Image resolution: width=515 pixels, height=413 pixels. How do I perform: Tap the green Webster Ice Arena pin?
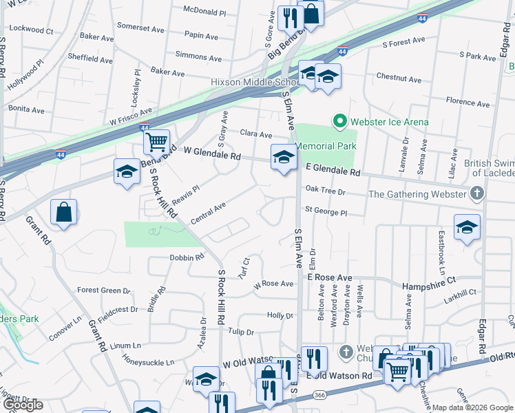pyautogui.click(x=339, y=122)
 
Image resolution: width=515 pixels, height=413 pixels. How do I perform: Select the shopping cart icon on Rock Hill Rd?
pyautogui.click(x=157, y=142)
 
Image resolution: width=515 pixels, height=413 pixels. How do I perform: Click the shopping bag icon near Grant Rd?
pyautogui.click(x=63, y=213)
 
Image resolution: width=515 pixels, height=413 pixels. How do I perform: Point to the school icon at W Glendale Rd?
pyautogui.click(x=283, y=158)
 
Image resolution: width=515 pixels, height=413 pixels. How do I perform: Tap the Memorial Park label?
pyautogui.click(x=326, y=146)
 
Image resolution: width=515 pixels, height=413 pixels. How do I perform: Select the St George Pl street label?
pyautogui.click(x=326, y=213)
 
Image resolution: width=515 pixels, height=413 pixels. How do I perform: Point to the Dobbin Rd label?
pyautogui.click(x=187, y=257)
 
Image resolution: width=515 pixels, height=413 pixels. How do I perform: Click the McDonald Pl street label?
pyautogui.click(x=204, y=12)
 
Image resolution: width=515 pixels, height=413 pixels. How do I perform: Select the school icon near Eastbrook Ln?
pyautogui.click(x=466, y=228)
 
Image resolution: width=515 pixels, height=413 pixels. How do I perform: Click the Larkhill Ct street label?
pyautogui.click(x=461, y=293)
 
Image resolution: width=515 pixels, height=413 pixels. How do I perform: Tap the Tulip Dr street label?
pyautogui.click(x=241, y=332)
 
